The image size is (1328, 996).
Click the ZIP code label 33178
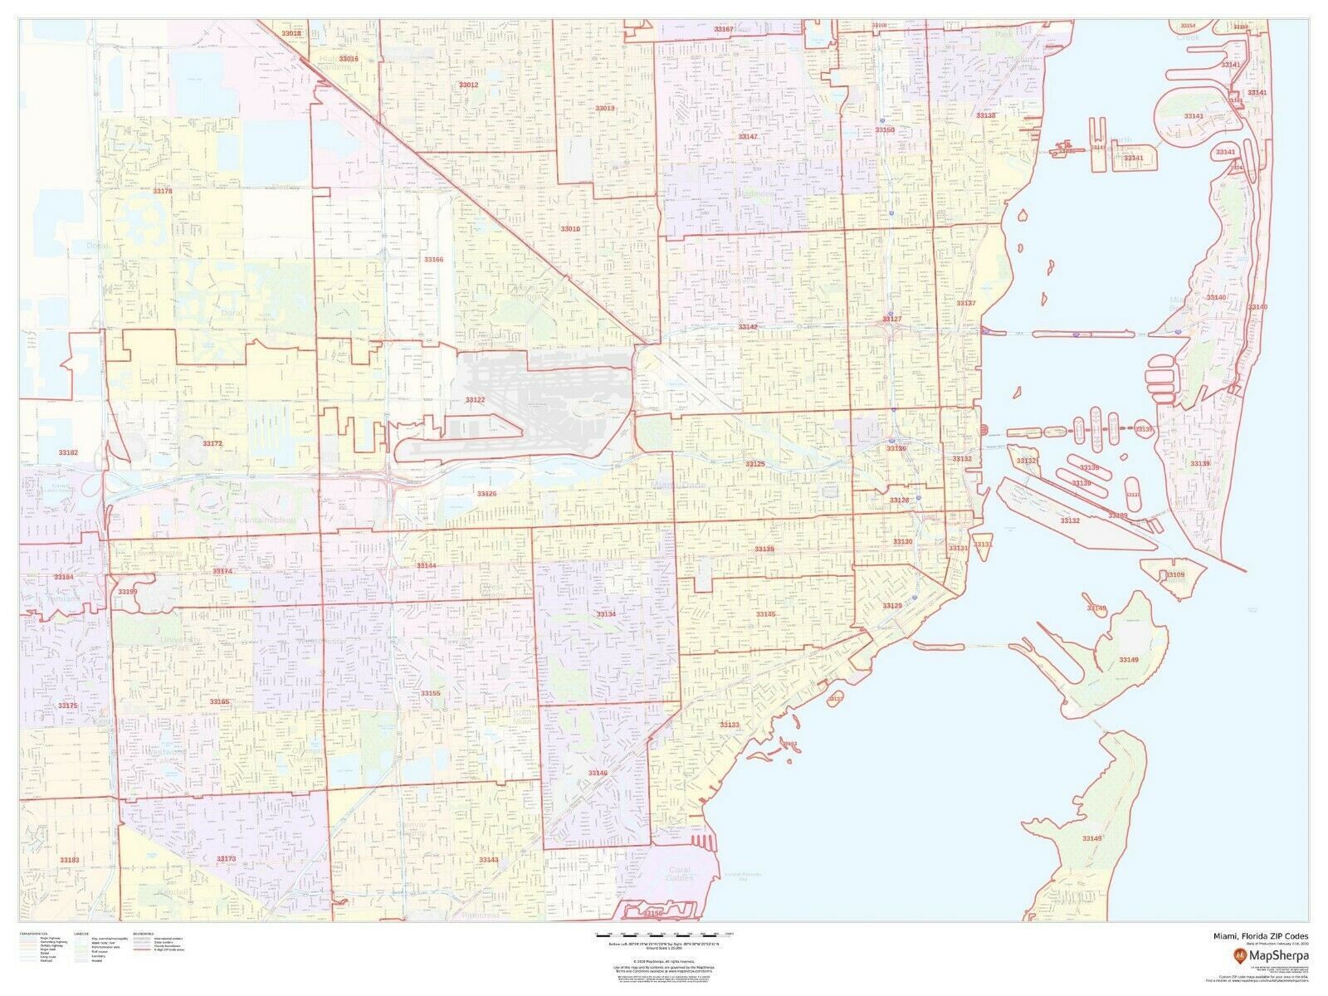point(163,191)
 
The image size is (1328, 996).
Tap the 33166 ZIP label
point(434,260)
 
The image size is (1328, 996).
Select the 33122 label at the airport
point(475,400)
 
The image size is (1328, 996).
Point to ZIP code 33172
point(212,443)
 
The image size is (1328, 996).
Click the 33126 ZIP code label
point(486,494)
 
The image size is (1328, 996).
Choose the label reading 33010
point(570,229)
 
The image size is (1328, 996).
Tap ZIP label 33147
point(749,136)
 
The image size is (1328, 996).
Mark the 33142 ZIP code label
point(749,327)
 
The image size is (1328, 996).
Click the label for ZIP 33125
point(754,464)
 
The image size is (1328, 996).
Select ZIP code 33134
point(606,614)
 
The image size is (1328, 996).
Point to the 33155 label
point(431,693)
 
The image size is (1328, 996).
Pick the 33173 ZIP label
point(226,858)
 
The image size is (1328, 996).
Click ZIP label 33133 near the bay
point(730,725)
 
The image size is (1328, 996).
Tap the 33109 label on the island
point(1174,574)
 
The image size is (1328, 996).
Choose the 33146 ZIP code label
point(598,773)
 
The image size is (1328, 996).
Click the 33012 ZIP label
point(469,85)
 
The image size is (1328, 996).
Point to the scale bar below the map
point(659,935)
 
